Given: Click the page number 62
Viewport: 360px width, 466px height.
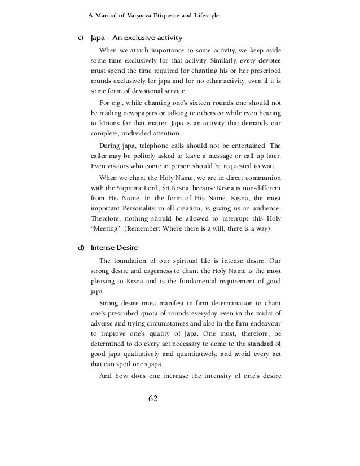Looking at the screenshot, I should tap(152, 398).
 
